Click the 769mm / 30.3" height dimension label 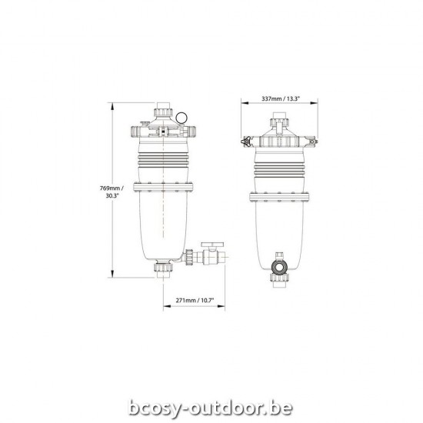[x=112, y=192]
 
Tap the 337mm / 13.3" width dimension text [x=281, y=98]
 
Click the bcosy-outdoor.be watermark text [x=211, y=385]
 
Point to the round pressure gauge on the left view [x=181, y=118]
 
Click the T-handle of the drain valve [x=210, y=246]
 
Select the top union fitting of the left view [x=163, y=113]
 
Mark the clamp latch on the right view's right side [x=312, y=141]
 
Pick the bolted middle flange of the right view [x=279, y=188]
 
